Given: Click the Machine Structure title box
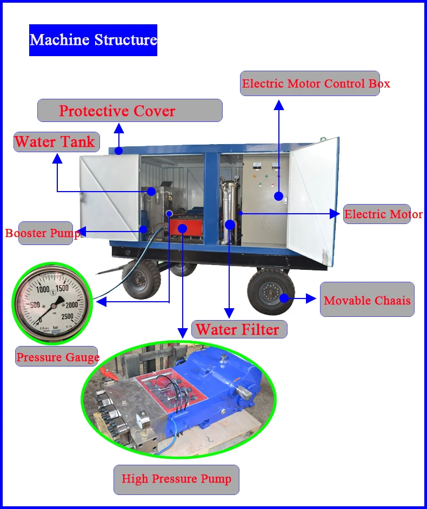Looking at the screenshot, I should click(x=93, y=40).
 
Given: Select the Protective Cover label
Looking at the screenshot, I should click(x=130, y=111).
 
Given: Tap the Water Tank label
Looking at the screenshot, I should click(x=56, y=142).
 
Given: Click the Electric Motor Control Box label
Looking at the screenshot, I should click(x=310, y=84).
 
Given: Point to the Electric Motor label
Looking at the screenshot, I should click(x=383, y=214).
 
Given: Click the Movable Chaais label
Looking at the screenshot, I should click(x=367, y=300).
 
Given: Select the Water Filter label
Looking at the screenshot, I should click(x=239, y=329).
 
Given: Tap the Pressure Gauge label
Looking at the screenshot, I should click(x=57, y=357).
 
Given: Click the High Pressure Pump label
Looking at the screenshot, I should click(x=176, y=479).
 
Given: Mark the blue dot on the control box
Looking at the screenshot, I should click(x=278, y=196).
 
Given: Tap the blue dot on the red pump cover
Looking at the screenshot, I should click(x=182, y=229).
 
